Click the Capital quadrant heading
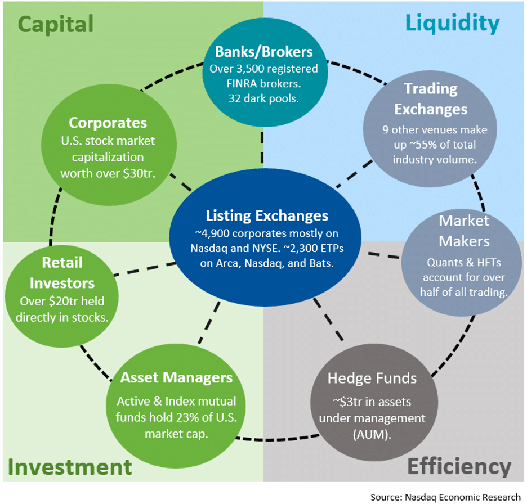coord(56,24)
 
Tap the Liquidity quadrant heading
coord(452,23)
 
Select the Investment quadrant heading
coord(70,467)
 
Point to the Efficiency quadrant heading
coord(459,466)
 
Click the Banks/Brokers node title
coord(263,52)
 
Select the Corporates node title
coord(108,122)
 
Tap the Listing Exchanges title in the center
coord(267,215)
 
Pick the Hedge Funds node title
coord(372,377)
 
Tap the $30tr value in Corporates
coord(142,173)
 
